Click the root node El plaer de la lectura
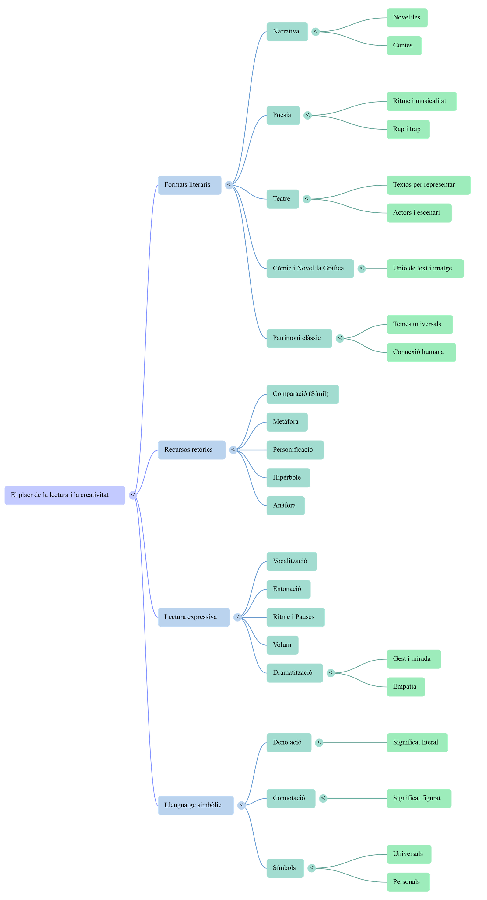point(65,495)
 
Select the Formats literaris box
point(190,185)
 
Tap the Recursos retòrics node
point(191,450)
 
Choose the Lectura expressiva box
point(194,617)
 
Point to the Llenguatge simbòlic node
point(196,805)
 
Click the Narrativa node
point(287,31)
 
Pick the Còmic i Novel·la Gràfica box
point(310,268)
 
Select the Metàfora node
point(287,422)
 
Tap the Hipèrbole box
point(288,478)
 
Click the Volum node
point(282,645)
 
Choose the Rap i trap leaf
point(408,129)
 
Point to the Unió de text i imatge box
point(425,268)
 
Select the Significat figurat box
point(419,798)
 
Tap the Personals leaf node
point(408,881)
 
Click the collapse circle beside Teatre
point(307,199)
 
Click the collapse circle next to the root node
point(133,495)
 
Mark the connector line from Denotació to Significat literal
point(353,742)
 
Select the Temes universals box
point(419,324)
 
